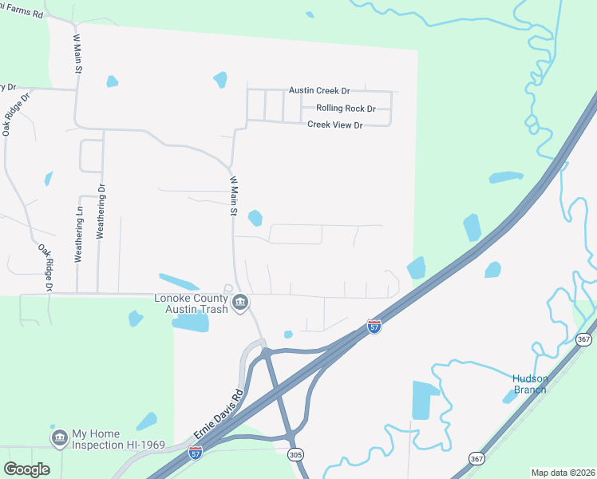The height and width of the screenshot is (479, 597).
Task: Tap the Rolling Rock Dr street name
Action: point(346,108)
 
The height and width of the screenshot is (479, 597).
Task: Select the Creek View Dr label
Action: point(335,125)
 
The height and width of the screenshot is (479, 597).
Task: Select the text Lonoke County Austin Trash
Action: point(192,303)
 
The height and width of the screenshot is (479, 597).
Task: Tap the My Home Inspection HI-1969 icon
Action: point(59,438)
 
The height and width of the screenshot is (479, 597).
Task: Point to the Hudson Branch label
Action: point(529,383)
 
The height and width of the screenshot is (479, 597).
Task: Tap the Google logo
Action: point(26,469)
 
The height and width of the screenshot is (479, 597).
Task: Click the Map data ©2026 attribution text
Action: point(562,473)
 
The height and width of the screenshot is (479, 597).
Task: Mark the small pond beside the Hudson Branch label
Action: point(510,396)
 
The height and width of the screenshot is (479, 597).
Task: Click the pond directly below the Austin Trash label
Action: point(190,323)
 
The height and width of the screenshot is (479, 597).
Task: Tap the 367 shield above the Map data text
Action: point(477,458)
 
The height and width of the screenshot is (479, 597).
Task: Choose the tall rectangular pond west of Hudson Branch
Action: point(421,400)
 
